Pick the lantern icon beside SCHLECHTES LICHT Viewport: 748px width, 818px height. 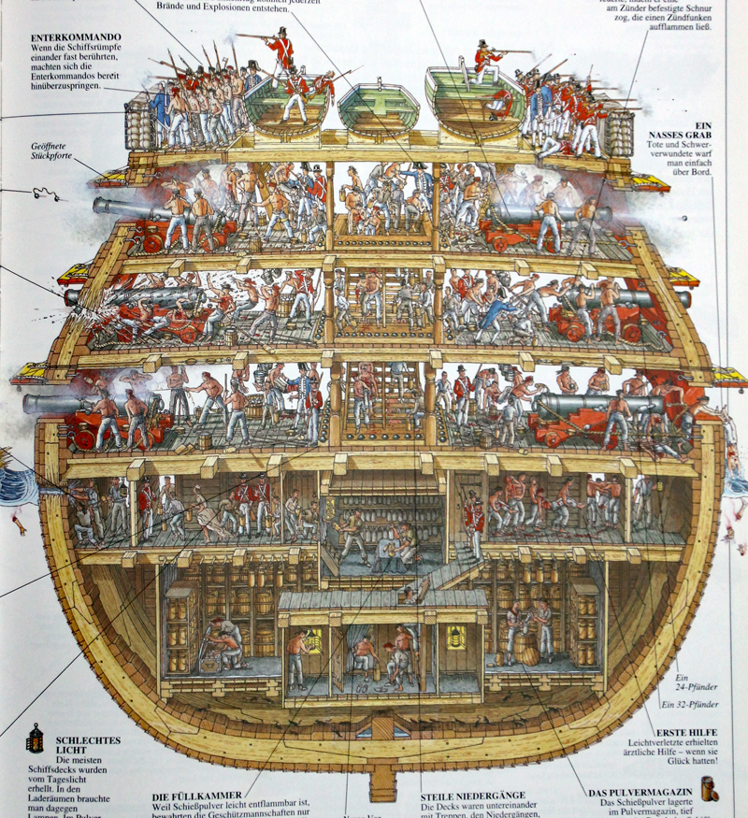click(35, 739)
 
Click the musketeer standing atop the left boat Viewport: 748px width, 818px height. click(279, 56)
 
